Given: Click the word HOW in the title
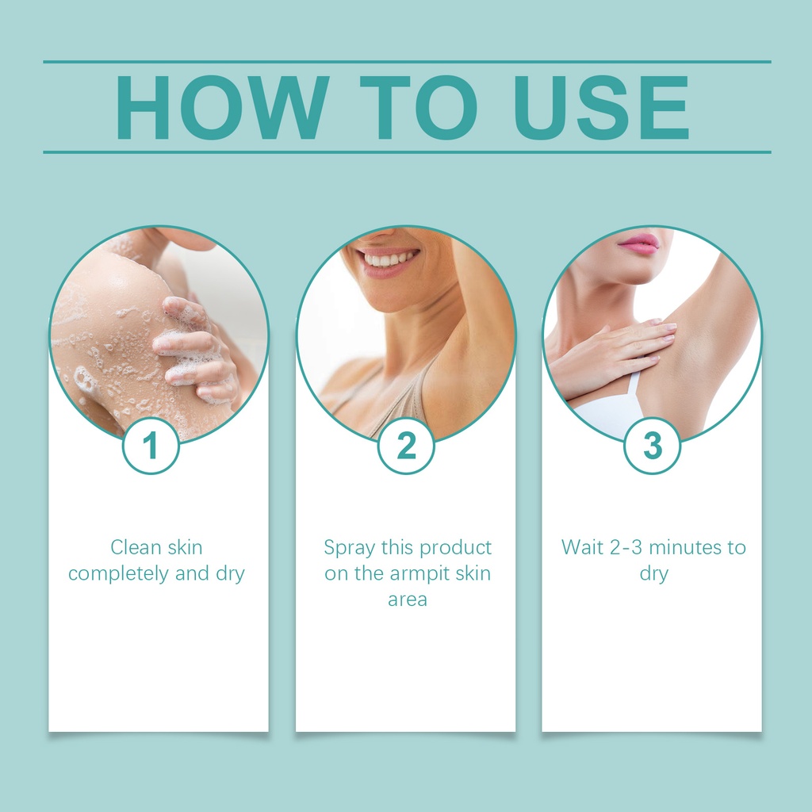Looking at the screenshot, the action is click(223, 107).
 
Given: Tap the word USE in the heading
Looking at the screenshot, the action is click(601, 107).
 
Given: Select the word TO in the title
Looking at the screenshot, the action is click(418, 107).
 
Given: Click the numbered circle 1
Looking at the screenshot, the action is click(151, 446).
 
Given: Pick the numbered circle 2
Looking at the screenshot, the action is click(406, 446).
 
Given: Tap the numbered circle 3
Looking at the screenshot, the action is click(653, 446).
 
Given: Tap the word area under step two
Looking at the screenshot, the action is click(408, 599).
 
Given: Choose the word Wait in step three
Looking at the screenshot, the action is click(582, 547).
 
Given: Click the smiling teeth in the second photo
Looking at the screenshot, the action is click(389, 259).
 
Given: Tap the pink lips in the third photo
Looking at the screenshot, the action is click(638, 243).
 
